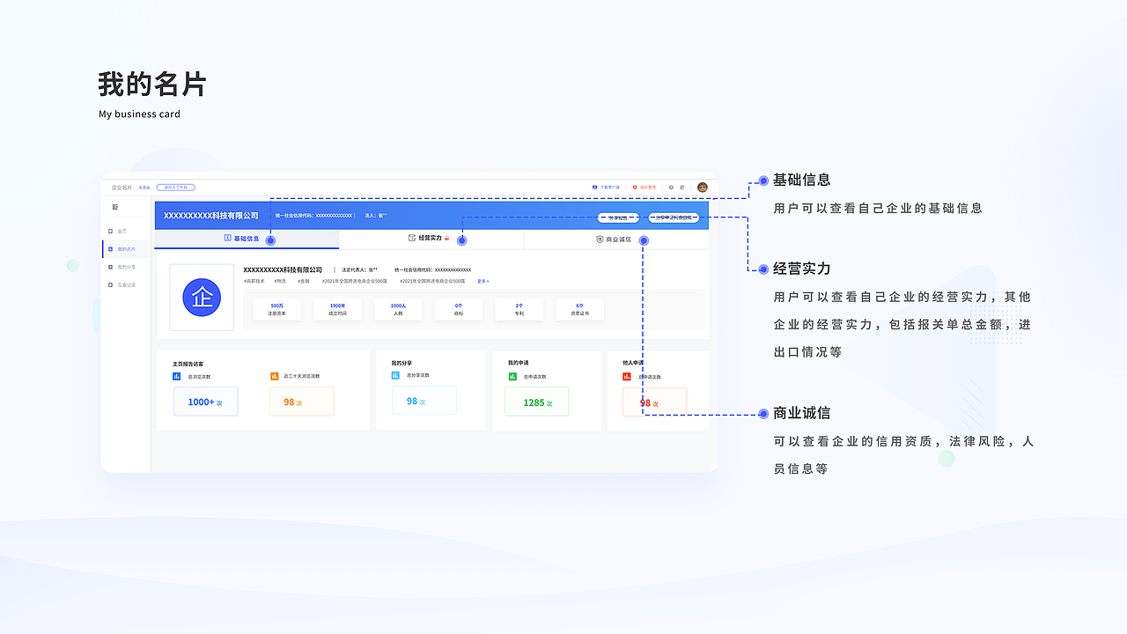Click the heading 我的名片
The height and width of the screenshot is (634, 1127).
[x=151, y=85]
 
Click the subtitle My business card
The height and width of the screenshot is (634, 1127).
[x=139, y=114]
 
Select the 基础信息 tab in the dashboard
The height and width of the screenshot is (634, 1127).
[x=242, y=239]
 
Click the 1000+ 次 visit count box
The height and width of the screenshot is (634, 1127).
[x=205, y=402]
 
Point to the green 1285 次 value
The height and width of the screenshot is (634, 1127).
[x=536, y=402]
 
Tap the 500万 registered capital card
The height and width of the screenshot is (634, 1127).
[x=276, y=309]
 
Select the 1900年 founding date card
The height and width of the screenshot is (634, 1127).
[x=337, y=309]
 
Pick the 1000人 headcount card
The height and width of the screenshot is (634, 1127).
[x=398, y=309]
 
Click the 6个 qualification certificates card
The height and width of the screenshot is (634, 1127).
[x=579, y=309]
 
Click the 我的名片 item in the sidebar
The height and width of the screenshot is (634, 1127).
[x=126, y=249]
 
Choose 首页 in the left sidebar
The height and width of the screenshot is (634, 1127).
[x=122, y=232]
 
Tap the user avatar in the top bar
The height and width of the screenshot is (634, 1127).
[x=703, y=188]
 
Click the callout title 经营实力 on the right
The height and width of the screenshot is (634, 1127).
[x=801, y=269]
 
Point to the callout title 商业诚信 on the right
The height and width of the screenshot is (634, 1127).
[x=801, y=413]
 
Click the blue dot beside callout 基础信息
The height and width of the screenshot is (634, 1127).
[x=763, y=181]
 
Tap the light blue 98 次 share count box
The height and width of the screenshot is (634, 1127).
[x=424, y=401]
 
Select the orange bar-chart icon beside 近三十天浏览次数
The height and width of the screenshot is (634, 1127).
[x=275, y=376]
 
